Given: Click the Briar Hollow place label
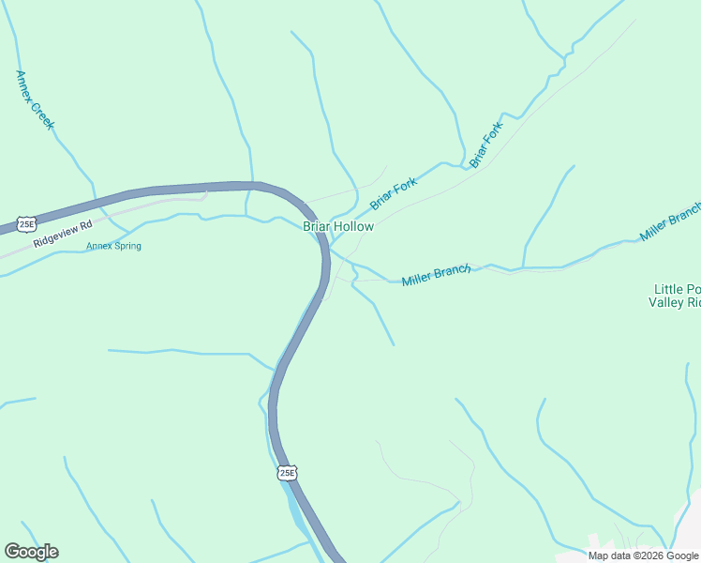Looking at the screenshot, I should coord(337,226).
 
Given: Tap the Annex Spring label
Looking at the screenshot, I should coord(113,247).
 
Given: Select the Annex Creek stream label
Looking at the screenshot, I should coord(36,100).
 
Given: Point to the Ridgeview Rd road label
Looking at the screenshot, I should coord(64,234).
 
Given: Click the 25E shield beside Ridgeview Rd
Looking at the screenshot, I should coord(27,224).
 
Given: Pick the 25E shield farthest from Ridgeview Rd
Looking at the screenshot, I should coord(288,473).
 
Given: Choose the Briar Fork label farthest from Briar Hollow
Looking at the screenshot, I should coord(486,145).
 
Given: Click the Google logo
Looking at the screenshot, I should coord(31,552).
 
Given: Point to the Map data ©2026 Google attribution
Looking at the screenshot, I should coord(643,555).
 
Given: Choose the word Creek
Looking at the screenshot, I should coord(43,116).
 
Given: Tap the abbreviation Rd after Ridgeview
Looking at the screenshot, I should coord(87,226).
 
